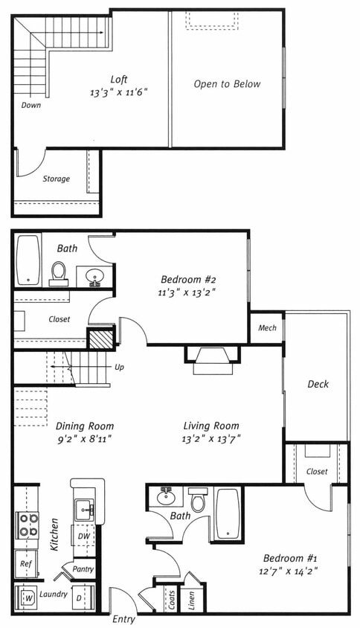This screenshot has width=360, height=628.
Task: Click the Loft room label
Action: (x=119, y=79)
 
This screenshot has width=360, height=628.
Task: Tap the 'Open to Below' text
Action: (x=227, y=84)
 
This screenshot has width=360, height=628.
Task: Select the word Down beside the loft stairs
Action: (x=30, y=106)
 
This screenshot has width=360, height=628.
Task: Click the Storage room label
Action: (x=57, y=179)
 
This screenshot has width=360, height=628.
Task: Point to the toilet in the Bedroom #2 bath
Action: (x=59, y=274)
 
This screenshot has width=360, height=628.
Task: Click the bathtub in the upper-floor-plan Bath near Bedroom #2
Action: (x=28, y=260)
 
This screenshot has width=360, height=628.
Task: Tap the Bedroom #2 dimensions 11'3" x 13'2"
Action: (x=187, y=292)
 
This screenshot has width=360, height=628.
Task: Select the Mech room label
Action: (x=267, y=328)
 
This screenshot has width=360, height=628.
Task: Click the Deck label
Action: (x=318, y=384)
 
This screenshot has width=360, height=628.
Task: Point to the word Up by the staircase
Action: (x=119, y=368)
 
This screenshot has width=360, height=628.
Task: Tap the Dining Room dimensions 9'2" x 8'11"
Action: (x=84, y=439)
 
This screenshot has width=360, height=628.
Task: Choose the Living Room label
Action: (x=211, y=426)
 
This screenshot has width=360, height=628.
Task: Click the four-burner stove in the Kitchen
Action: (x=28, y=525)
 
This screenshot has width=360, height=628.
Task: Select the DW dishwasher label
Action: (x=84, y=536)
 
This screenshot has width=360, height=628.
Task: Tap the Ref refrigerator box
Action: (x=27, y=564)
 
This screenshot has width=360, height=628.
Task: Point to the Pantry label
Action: (x=83, y=569)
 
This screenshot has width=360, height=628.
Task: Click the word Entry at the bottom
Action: (x=123, y=619)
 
